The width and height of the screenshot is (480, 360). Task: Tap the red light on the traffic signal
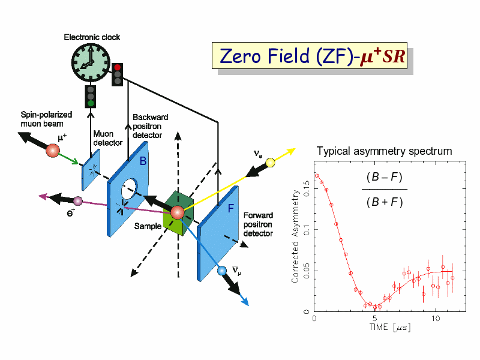point(118,67)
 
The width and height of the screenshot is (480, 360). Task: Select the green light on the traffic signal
point(91,103)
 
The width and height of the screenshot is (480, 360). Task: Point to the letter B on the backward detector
point(143,161)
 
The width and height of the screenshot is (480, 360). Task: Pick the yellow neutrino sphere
point(270,162)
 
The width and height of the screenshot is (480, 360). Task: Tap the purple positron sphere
point(77,200)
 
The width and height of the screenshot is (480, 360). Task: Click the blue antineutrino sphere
point(222,271)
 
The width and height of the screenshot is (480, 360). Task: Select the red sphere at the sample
point(176,212)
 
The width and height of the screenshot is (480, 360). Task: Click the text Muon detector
point(108,139)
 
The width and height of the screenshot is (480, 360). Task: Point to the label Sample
point(147,226)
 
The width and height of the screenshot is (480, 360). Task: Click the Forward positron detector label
point(258,224)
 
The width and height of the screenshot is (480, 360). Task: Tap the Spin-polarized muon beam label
point(46,119)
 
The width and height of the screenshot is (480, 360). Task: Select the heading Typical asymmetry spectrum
point(384,151)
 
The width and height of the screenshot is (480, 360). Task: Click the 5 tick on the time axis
point(375,318)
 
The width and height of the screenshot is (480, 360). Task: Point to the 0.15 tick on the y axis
point(306,193)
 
